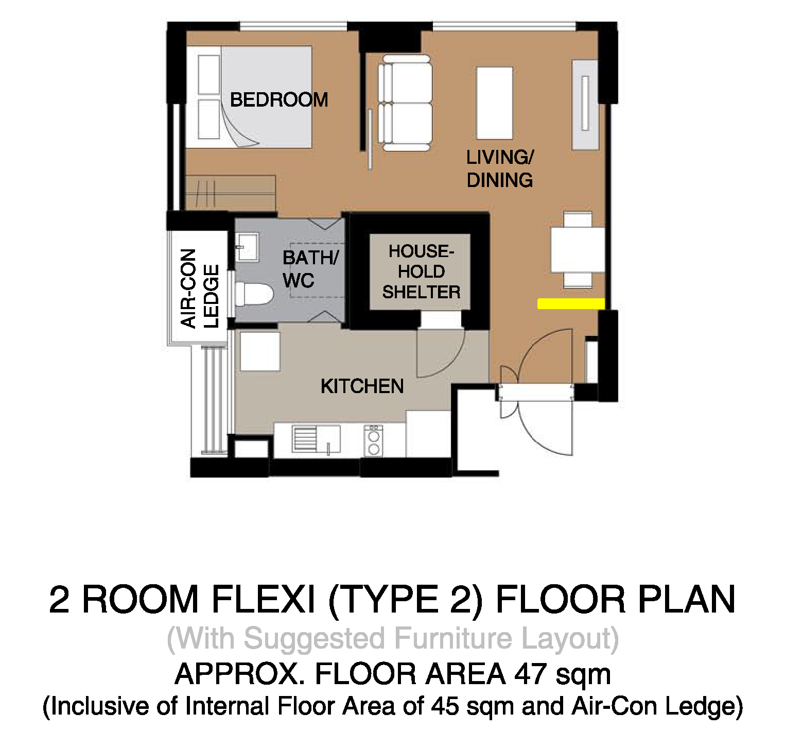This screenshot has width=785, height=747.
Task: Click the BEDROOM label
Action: coord(278,99)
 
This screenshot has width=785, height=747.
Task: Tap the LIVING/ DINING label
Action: coord(500,168)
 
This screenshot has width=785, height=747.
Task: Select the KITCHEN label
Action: coord(362,386)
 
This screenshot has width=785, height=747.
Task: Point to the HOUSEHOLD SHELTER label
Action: coord(421,271)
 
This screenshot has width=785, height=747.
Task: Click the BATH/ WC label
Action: coord(310,269)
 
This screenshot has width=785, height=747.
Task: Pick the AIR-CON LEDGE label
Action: coord(200,288)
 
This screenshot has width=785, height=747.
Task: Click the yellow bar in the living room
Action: coord(571,303)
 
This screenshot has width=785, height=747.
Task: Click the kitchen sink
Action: coord(316,439)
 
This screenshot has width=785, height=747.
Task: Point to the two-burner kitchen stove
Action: coord(374,441)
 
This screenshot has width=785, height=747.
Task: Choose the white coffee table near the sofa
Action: coord(494,103)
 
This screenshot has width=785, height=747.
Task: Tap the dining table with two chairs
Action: coord(578,249)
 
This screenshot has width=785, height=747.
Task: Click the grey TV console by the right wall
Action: coord(585,105)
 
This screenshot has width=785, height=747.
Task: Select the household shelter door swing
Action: coord(441,352)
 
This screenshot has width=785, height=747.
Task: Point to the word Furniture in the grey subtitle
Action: coord(453,638)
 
